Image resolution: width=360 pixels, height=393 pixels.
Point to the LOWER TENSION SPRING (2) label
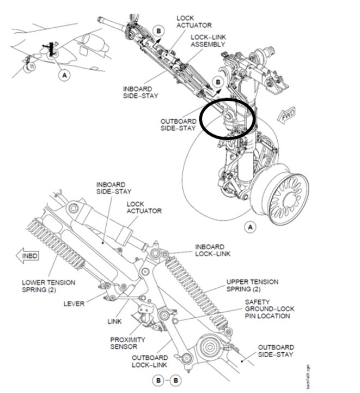point(48,286)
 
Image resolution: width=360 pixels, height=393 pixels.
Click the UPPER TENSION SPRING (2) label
point(252,285)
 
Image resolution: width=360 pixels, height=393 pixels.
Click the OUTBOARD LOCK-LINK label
point(149,361)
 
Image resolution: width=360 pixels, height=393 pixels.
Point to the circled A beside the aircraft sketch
point(65,76)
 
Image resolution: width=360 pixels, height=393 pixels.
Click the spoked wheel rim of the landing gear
point(284,190)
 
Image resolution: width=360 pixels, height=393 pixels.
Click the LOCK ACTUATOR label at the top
point(194,21)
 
